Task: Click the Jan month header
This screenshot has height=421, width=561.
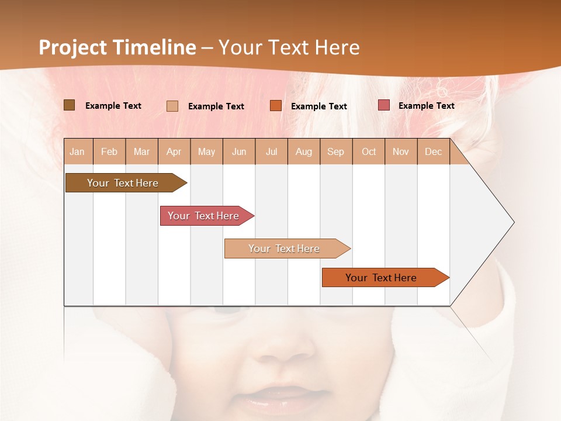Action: click(77, 151)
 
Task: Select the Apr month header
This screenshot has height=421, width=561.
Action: click(174, 151)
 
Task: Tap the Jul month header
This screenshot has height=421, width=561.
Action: click(271, 151)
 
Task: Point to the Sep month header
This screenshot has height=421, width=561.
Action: click(335, 151)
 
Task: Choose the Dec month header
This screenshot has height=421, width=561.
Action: click(433, 151)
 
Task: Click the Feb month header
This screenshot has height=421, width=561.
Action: click(109, 151)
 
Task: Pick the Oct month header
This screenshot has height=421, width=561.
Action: click(369, 151)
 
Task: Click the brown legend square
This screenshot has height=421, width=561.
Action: click(70, 105)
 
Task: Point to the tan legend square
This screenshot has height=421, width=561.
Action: click(172, 106)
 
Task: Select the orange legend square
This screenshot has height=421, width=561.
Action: click(276, 106)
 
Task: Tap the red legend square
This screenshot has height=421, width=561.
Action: click(384, 105)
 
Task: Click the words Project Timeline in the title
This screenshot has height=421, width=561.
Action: click(117, 47)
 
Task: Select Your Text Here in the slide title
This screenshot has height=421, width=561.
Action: click(289, 47)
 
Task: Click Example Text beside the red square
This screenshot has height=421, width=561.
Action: click(426, 106)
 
